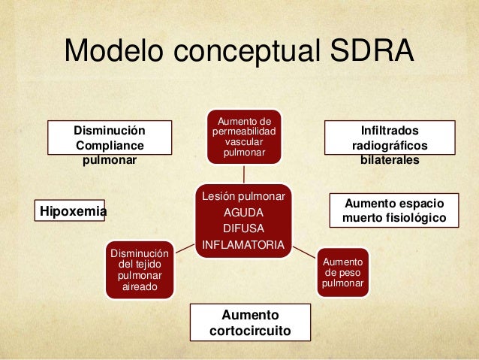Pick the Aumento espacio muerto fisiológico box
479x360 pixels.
[394, 210]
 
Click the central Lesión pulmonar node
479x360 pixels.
[244, 220]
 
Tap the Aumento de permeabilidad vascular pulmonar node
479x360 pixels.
[244, 137]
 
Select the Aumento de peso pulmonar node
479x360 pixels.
[342, 272]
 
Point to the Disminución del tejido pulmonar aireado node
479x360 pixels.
[140, 269]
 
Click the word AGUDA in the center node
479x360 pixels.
[244, 212]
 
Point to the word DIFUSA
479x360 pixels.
[244, 228]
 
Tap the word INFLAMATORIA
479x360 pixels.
[244, 245]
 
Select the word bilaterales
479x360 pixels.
[390, 160]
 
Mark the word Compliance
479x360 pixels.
[110, 145]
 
